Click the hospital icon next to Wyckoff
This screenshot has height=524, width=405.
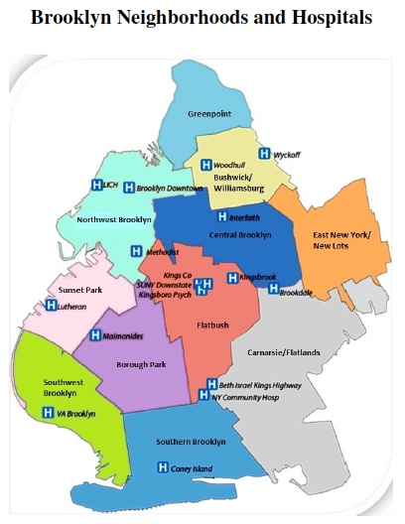tap(264, 153)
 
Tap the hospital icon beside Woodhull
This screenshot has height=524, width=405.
tap(206, 165)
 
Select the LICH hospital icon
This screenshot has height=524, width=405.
tap(97, 185)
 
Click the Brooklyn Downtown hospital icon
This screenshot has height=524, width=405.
tap(130, 187)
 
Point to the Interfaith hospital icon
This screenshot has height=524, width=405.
tap(222, 216)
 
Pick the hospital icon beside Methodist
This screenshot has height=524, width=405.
tap(138, 253)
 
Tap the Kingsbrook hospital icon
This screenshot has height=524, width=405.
tap(233, 278)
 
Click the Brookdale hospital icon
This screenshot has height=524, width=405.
tap(274, 289)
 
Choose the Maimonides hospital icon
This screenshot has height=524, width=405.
tap(96, 335)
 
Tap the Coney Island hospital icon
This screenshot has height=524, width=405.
tap(163, 467)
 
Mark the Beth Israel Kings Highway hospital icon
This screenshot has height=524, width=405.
tap(211, 384)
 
